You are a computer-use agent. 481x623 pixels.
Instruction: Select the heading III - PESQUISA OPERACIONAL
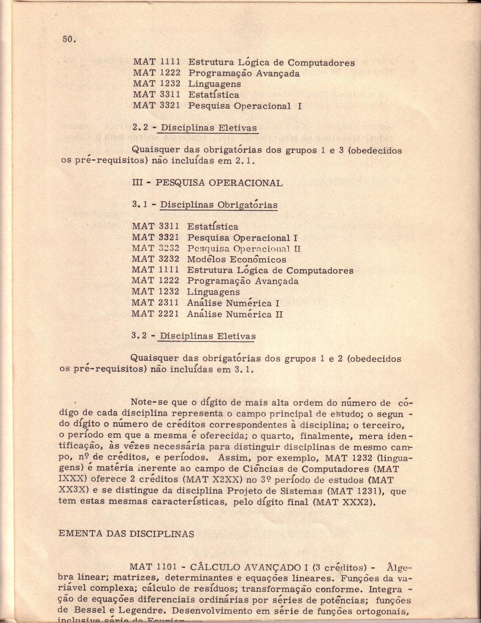[207, 182]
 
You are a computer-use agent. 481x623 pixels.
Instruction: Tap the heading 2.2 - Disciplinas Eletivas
[195, 128]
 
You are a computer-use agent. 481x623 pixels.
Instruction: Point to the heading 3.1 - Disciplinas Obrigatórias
[205, 205]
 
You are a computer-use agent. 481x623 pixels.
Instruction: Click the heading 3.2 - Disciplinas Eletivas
[194, 336]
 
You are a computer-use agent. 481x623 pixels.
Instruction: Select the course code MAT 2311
[155, 303]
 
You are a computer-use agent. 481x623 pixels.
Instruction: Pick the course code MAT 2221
[155, 314]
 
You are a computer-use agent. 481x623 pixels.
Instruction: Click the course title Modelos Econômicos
[237, 259]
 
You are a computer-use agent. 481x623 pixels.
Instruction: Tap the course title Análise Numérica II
[235, 314]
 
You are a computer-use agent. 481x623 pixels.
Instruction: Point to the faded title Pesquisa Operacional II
[244, 248]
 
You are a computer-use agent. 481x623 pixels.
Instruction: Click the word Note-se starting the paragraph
[148, 402]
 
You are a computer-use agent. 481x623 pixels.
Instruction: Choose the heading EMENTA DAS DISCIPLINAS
[126, 534]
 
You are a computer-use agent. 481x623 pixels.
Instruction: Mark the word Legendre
[144, 610]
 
